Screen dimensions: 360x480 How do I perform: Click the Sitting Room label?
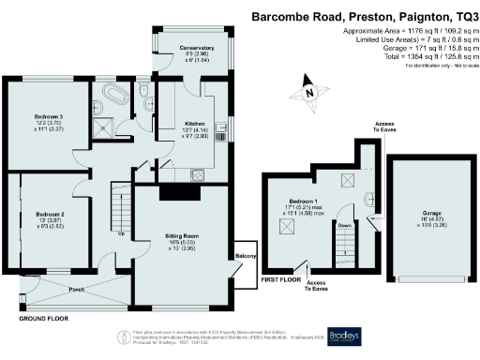[x=181, y=240]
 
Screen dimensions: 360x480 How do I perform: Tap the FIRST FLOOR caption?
[x=279, y=279]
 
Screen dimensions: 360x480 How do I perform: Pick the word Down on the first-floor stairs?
[x=344, y=225]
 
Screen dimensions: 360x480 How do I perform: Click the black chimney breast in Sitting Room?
[x=175, y=193]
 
